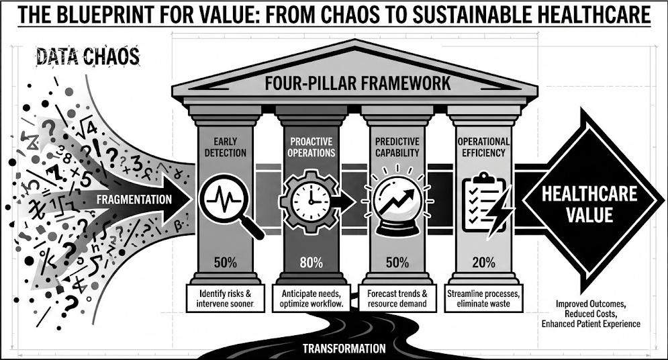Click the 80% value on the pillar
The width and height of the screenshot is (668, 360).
[x=312, y=263]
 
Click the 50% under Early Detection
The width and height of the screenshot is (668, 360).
[x=226, y=262]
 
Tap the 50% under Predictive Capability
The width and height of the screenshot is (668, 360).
[x=397, y=263]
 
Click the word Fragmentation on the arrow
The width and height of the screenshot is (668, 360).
[x=134, y=199]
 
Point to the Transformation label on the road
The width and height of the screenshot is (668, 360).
[x=344, y=348]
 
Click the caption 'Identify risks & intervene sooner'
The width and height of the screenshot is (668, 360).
[x=226, y=298]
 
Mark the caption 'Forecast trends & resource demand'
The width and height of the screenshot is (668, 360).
[x=397, y=298]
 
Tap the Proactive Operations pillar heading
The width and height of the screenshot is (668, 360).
[x=312, y=147]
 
